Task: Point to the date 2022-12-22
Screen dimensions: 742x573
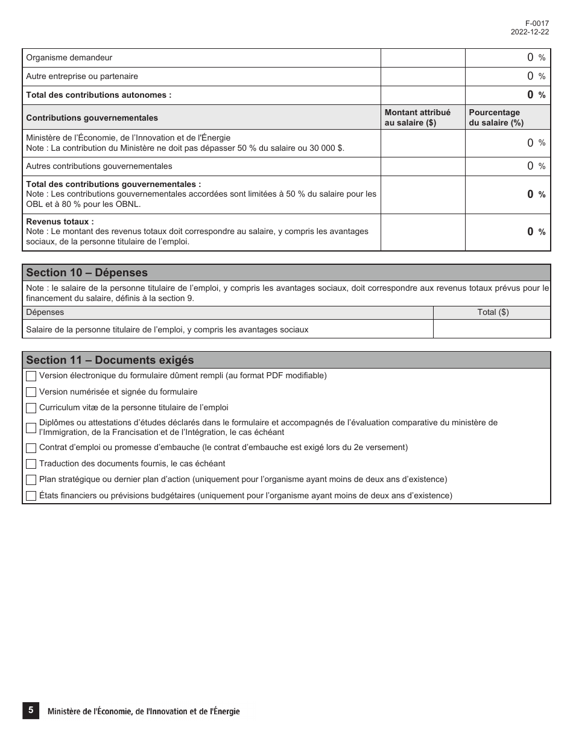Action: [530, 32]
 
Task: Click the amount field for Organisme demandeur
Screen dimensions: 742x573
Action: [423, 58]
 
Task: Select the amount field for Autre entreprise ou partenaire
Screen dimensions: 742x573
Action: [423, 77]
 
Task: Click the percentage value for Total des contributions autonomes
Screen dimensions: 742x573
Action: [530, 95]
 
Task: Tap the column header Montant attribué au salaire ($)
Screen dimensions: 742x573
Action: [417, 118]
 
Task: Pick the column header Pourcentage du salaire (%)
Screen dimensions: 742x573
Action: [496, 118]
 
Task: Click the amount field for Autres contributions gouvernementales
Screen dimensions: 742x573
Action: [423, 166]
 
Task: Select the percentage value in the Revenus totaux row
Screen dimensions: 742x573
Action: [530, 232]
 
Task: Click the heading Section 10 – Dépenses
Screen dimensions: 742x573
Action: [87, 273]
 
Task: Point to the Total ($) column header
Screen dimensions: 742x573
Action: [493, 312]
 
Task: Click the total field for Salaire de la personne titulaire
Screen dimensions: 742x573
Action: [492, 329]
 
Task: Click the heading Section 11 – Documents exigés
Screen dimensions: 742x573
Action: [110, 360]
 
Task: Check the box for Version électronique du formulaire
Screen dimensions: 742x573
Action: [31, 376]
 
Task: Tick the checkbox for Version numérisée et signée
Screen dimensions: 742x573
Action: [31, 392]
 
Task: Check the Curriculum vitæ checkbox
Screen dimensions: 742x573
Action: [31, 408]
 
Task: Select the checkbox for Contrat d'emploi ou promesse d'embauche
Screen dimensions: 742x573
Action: [31, 448]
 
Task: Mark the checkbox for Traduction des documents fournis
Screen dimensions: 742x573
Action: [31, 464]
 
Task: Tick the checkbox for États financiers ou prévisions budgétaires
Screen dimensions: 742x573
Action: [31, 496]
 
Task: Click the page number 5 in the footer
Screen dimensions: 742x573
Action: [31, 711]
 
